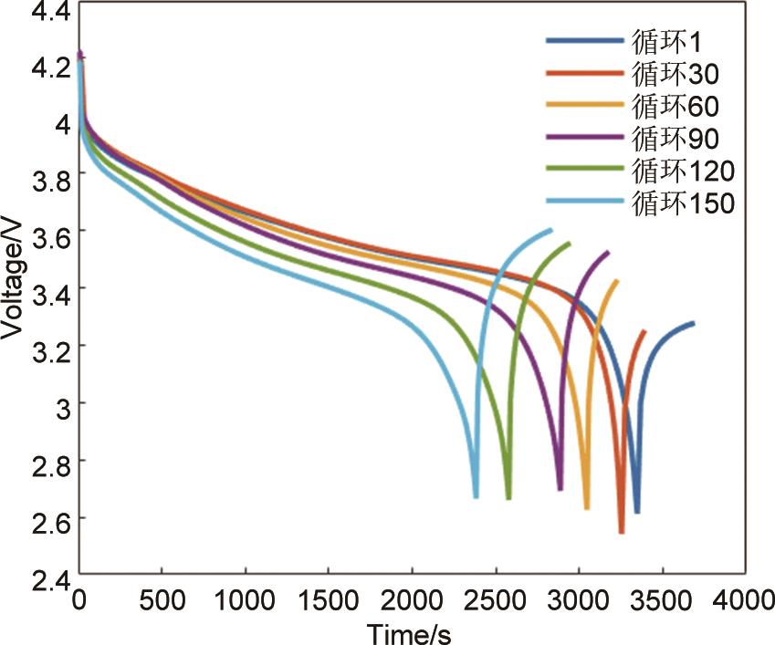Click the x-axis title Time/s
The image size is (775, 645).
click(410, 631)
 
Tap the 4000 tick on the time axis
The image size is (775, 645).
click(744, 600)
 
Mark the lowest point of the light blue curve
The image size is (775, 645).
click(476, 496)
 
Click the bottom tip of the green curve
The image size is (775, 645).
click(508, 498)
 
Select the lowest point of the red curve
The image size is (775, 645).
click(622, 532)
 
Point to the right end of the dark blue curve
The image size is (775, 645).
click(694, 323)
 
